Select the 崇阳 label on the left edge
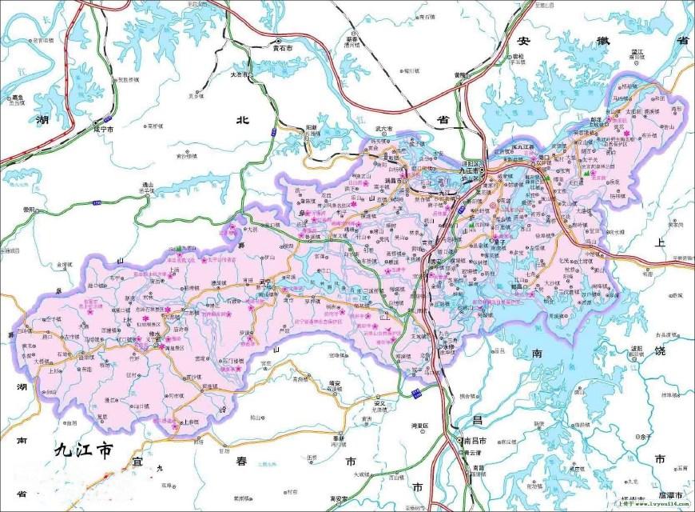30,210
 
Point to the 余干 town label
644,437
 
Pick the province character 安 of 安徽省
525,42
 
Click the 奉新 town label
338,438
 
